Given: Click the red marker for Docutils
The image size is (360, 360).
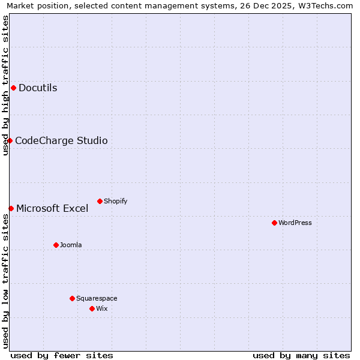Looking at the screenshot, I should click(13, 88).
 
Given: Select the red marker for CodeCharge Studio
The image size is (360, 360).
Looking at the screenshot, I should click(10, 140).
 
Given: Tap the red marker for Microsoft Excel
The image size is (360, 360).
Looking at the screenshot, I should click(11, 208).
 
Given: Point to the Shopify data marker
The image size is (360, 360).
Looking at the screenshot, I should click(100, 201).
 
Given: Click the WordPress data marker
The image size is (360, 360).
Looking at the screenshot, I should click(274, 223).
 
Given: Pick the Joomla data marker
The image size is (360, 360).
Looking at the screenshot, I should click(56, 245).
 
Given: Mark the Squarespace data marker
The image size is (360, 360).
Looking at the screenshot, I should click(72, 298).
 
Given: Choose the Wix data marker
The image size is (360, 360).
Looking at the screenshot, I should click(92, 308).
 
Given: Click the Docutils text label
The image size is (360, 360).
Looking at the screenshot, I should click(38, 88).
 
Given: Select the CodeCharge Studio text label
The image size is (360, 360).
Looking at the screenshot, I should click(61, 141).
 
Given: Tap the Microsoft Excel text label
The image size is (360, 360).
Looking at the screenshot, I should click(52, 209).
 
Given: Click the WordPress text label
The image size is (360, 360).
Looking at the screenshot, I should click(295, 223).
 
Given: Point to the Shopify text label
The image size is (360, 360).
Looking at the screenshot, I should click(115, 201).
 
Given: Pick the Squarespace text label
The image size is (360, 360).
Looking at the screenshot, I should click(97, 298).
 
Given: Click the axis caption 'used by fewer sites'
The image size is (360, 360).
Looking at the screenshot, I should click(62, 355).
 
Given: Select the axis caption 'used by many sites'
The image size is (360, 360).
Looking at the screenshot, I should click(301, 355).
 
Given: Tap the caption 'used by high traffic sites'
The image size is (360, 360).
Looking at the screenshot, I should click(5, 85).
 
